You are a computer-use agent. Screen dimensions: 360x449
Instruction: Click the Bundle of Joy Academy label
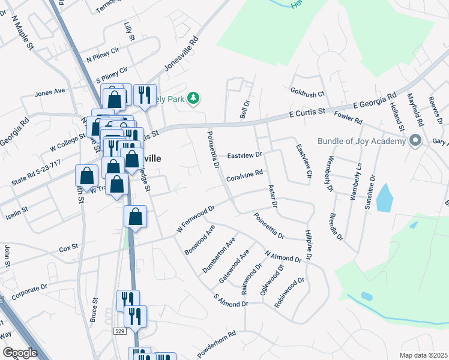(361, 142)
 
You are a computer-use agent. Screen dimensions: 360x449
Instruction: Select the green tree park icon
(193, 97)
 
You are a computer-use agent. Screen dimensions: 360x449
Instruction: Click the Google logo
(20, 353)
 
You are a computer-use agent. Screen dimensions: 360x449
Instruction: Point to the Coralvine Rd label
(245, 175)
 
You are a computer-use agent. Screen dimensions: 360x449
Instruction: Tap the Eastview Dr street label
(245, 155)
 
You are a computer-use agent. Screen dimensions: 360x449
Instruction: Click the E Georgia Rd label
(375, 100)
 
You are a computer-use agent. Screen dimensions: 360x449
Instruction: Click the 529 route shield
(121, 331)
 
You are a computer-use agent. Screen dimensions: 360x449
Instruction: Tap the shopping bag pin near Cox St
(135, 217)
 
